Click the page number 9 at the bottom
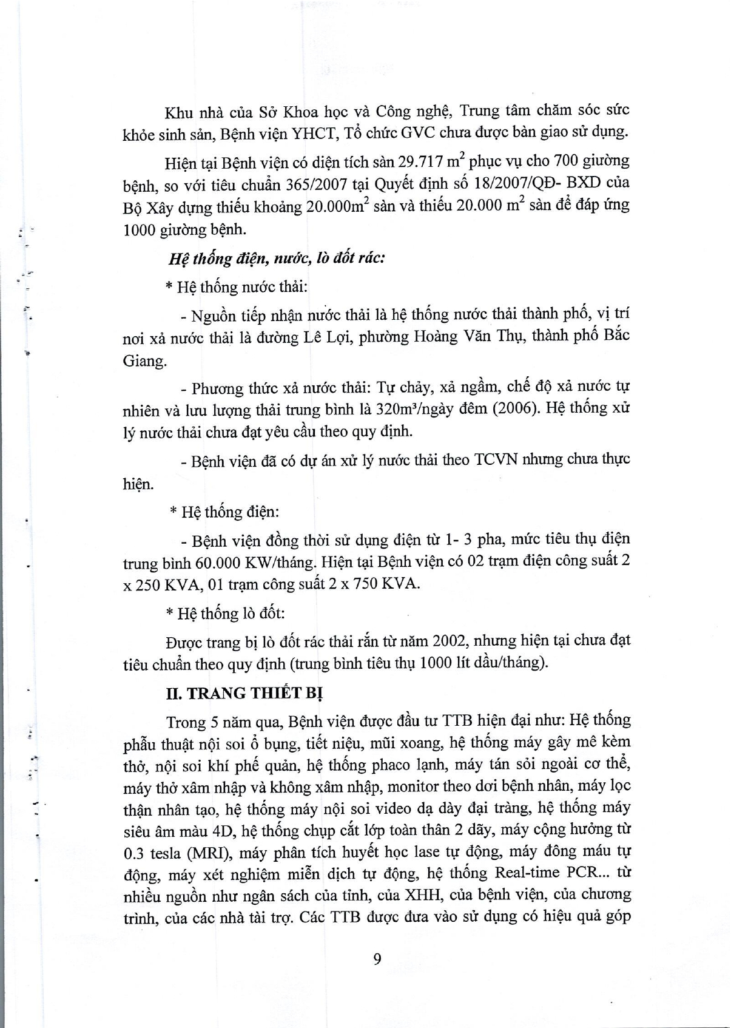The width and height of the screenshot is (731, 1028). pos(377,959)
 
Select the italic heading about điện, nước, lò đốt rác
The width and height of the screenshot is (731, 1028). pos(276,258)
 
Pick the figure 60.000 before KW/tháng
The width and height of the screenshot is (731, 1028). pos(217,563)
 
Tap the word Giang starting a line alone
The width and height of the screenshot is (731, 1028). pos(144,361)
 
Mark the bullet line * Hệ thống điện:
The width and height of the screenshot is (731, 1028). pos(224,512)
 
